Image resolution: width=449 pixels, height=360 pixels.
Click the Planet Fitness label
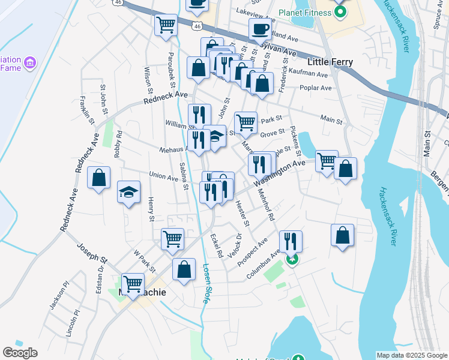(305, 13)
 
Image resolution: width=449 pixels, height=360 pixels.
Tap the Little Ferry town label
(330, 62)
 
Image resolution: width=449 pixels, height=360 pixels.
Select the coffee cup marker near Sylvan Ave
(260, 29)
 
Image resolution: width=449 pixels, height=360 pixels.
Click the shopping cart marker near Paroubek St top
(166, 25)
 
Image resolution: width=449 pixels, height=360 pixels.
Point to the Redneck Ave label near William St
(166, 98)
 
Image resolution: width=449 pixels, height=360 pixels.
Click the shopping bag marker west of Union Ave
(99, 178)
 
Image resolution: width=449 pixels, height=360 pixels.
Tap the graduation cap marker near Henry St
(128, 192)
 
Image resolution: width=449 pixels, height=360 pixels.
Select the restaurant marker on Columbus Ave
(291, 241)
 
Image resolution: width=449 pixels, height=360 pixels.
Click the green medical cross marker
(292, 260)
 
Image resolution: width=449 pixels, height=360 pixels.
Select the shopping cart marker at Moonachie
(133, 284)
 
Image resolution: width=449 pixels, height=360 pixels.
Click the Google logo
(20, 353)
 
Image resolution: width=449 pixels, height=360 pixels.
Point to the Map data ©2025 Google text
(411, 355)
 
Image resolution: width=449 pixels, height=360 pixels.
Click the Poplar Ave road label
(318, 88)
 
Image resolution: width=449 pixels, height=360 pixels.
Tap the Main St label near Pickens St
(331, 120)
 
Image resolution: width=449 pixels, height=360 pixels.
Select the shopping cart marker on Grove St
(246, 122)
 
